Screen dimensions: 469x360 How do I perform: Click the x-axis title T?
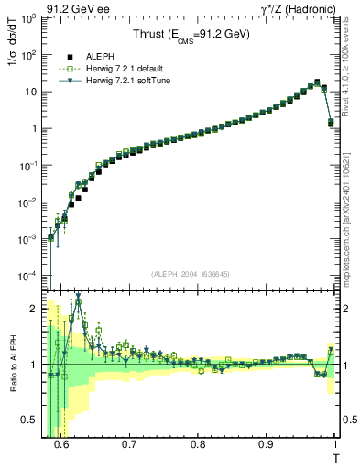[x=335, y=457]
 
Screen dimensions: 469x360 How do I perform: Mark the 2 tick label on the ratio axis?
[x=37, y=309]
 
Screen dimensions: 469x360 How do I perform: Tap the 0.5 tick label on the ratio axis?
[x=33, y=420]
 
